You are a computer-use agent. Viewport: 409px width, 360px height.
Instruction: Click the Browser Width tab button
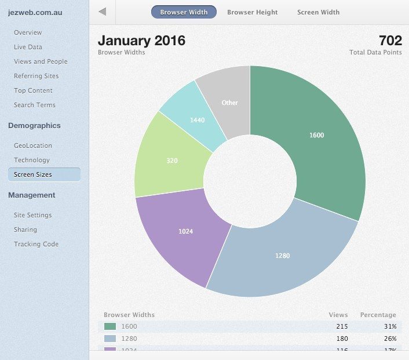184,12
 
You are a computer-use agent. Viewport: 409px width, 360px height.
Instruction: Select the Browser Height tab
252,12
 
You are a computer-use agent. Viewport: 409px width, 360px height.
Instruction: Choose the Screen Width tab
318,12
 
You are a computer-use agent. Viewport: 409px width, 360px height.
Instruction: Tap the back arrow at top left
103,12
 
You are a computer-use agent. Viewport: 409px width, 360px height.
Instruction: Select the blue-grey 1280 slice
283,255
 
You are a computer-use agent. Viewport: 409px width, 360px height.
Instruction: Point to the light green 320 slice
172,161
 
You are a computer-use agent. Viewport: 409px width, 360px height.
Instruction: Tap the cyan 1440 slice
198,120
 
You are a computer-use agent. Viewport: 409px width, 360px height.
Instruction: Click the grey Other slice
229,103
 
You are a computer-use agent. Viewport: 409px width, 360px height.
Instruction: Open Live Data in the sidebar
28,47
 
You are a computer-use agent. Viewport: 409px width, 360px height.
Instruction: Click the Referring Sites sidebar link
36,76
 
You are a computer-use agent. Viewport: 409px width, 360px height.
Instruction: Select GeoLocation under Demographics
32,146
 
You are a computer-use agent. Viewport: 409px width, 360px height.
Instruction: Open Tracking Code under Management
36,244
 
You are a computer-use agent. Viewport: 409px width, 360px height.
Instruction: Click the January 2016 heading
141,41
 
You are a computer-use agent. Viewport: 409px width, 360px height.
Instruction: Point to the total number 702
390,41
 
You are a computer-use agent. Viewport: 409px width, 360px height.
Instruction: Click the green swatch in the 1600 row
109,327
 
